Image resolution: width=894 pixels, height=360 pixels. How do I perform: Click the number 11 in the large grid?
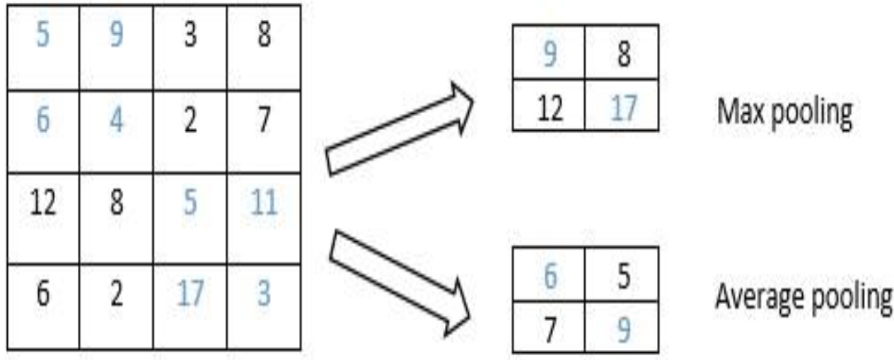coord(263,202)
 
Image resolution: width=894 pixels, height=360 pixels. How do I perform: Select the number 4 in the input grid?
coord(116,120)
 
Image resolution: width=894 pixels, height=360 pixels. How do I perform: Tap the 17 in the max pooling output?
coord(623,108)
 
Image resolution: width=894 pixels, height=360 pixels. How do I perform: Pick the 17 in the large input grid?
coord(190,293)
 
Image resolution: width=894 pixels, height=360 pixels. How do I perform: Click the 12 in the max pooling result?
coord(550,108)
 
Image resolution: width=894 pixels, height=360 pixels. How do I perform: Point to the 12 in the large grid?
coord(43,202)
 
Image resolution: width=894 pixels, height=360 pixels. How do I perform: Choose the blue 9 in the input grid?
coord(116,34)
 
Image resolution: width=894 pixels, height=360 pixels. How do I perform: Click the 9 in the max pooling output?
coord(550,54)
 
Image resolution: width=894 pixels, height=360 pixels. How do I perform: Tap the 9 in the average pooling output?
coord(624,330)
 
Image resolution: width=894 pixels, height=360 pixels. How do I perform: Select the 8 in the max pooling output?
coord(624,54)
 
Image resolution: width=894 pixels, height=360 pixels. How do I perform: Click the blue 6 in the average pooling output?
coord(550,275)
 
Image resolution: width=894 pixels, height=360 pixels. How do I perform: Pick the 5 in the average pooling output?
coord(624,276)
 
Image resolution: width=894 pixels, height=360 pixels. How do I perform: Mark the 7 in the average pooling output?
coord(550,330)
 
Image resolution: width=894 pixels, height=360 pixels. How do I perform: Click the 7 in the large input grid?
coord(265,120)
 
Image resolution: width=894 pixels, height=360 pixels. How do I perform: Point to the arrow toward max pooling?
coord(399,129)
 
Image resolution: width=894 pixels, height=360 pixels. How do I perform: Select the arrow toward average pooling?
coord(399,283)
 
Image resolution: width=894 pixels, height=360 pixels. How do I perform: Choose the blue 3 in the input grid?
coord(264,293)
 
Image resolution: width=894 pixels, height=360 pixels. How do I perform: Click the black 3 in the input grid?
coord(190,35)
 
